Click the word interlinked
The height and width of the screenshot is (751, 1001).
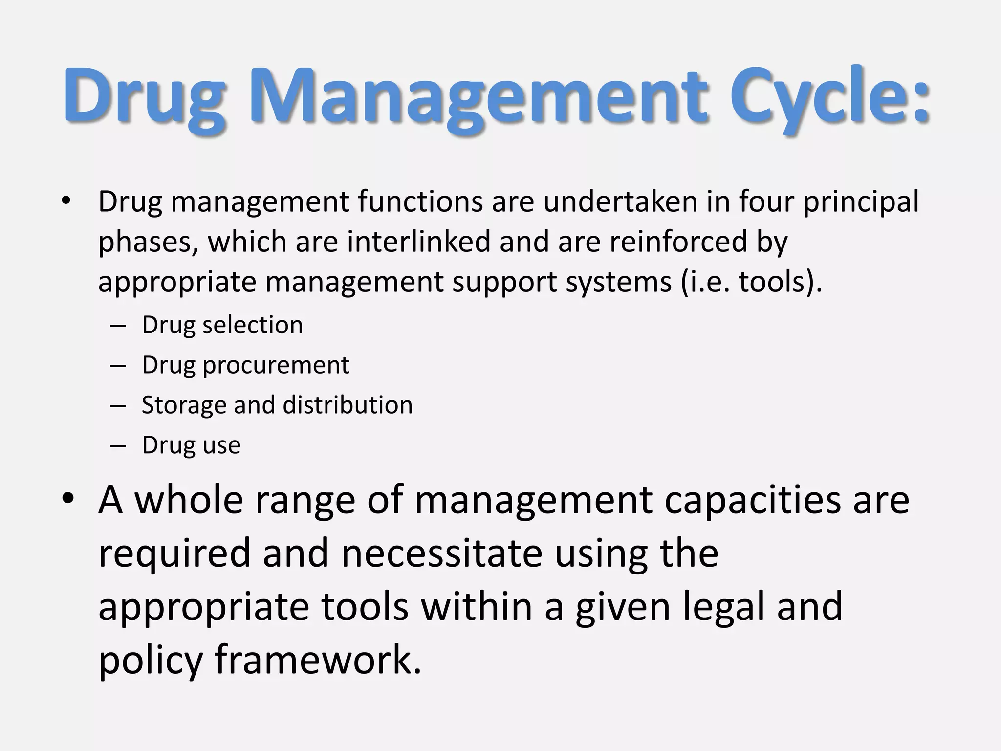[418, 242]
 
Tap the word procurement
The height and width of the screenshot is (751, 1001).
[276, 365]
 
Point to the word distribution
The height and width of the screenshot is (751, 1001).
[348, 405]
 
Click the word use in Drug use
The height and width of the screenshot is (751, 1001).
[220, 445]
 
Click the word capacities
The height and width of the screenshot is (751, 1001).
[753, 500]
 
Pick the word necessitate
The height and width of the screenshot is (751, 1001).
[442, 553]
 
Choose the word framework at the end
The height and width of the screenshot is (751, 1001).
[318, 660]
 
